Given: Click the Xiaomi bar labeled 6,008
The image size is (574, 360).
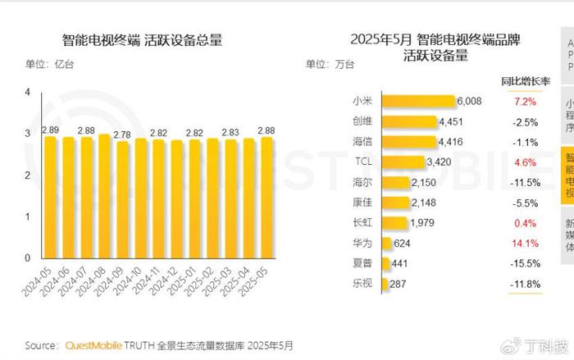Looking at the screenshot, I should [418, 102].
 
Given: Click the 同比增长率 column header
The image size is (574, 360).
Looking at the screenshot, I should [525, 81].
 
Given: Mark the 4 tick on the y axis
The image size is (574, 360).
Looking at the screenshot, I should [28, 93].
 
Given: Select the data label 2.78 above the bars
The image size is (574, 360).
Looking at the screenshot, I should [122, 134].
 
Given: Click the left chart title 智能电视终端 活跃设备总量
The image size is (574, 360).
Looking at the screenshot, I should [143, 40].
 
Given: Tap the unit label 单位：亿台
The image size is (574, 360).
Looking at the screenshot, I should [50, 64].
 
